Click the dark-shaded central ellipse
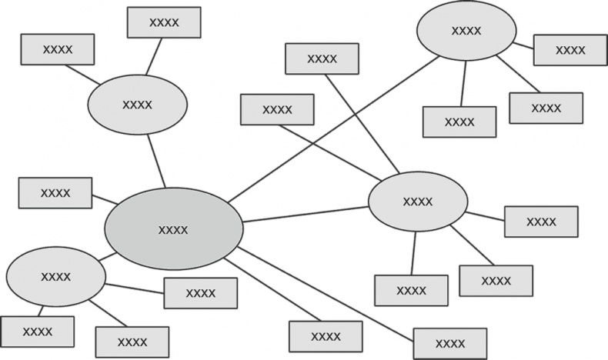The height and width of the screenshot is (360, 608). point(173,228)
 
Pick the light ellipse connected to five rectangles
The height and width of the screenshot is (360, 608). point(417,202)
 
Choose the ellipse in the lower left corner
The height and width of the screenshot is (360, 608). point(55,276)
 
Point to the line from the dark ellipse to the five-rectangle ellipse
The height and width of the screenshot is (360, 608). point(306,215)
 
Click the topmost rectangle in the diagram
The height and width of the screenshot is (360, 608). point(164,22)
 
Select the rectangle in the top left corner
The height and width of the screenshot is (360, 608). point(58,49)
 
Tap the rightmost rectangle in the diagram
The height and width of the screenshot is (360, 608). point(570,50)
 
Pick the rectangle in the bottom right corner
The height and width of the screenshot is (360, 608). point(449,343)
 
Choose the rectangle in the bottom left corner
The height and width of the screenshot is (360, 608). point(37,332)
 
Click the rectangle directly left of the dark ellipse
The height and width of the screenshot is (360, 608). point(55,193)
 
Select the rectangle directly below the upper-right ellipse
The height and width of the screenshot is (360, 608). point(459,122)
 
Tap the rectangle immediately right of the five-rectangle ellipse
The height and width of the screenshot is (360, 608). point(540,222)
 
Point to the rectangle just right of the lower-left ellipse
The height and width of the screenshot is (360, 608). point(200,293)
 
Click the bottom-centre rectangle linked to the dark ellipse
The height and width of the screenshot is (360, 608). point(326,337)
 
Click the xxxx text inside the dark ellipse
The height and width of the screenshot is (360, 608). point(173,229)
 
